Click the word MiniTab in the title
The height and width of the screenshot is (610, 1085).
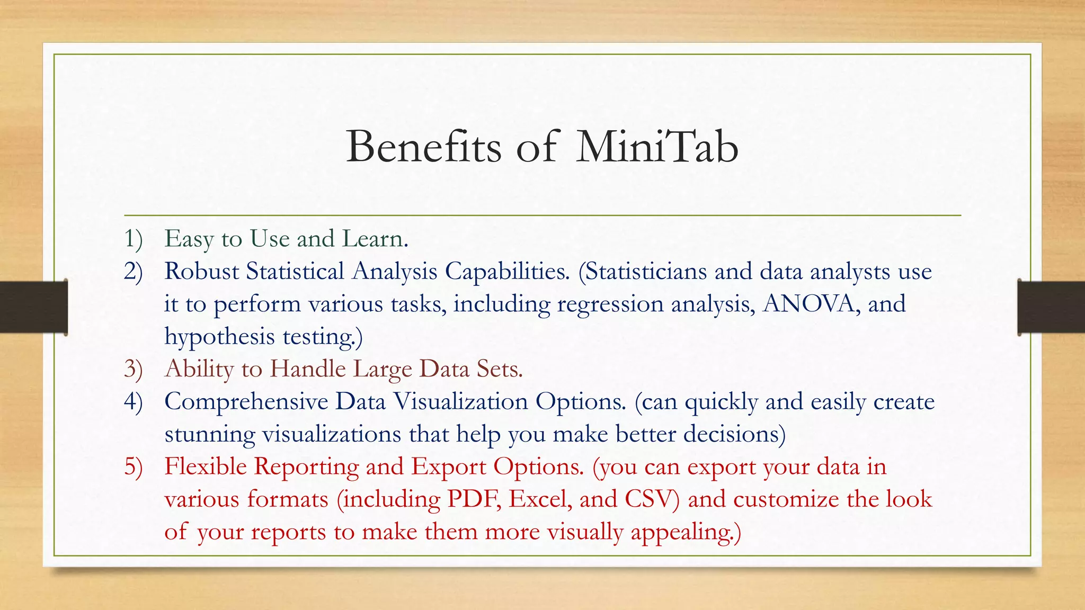click(x=657, y=147)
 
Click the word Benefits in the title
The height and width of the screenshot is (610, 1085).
click(x=423, y=147)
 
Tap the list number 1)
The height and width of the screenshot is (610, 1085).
click(x=134, y=239)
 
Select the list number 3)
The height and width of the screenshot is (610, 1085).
click(x=134, y=369)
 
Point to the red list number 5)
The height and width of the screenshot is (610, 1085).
click(x=134, y=467)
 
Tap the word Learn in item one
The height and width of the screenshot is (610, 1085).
click(x=373, y=239)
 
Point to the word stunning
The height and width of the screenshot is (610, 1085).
click(x=210, y=435)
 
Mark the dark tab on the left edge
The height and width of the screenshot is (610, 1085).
click(x=33, y=307)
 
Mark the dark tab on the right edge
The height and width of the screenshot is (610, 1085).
click(x=1051, y=307)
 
